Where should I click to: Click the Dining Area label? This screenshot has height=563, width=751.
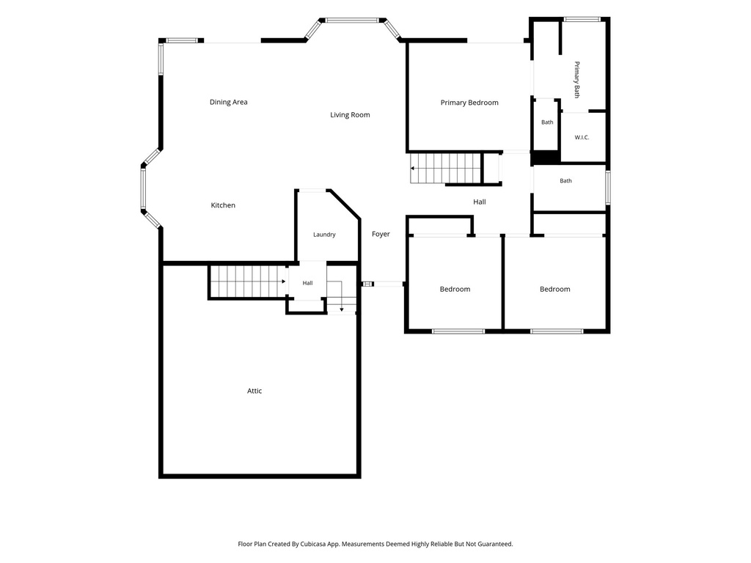pos(229,102)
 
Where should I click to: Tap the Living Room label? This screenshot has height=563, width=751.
pos(350,115)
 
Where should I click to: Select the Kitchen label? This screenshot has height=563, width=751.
pos(223,205)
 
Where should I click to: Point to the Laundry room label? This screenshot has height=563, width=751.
pos(324,235)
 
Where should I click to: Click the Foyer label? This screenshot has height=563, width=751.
pos(381,234)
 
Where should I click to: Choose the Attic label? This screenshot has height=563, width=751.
pos(254,391)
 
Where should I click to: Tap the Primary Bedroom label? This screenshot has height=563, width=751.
pos(469,103)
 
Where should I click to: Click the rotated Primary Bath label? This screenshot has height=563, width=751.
pos(577,79)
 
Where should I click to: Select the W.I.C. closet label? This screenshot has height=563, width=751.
pos(582,137)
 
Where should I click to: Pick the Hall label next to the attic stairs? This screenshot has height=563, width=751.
pos(307,283)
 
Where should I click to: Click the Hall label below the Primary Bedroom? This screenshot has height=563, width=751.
pos(480,202)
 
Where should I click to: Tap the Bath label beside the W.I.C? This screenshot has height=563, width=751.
pos(547,122)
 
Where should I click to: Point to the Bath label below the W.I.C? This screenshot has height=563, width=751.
pos(565,180)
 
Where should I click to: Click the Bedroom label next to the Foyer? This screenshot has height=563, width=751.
pos(455,289)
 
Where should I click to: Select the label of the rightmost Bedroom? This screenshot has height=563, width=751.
pos(554,289)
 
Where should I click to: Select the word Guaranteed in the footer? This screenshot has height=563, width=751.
pos(495,545)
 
